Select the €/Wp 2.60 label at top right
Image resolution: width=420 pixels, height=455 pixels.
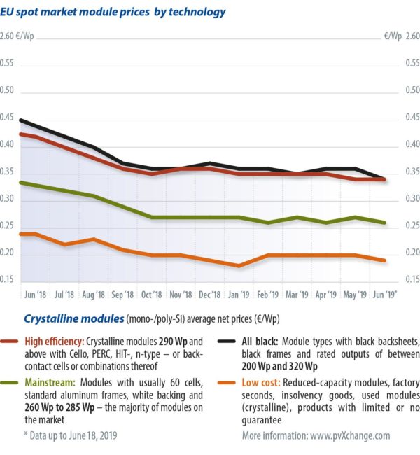click(x=402, y=36)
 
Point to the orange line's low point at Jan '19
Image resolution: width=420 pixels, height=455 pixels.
click(x=239, y=266)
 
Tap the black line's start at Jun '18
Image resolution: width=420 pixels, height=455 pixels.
click(x=21, y=120)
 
